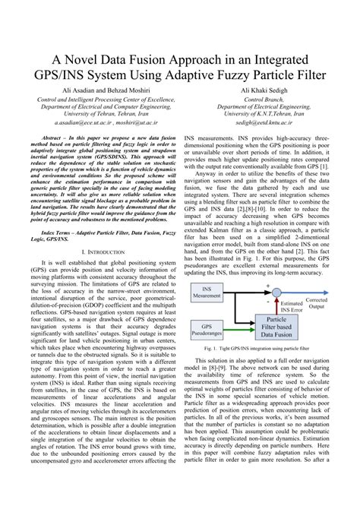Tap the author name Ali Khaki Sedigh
point(264,90)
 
